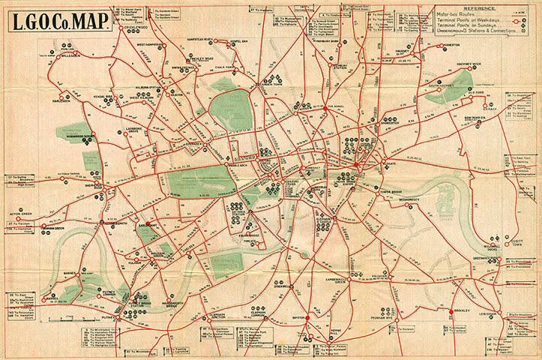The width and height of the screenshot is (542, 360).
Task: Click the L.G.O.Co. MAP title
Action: click(62, 21)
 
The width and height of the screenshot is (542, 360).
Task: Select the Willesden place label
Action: click(71, 55)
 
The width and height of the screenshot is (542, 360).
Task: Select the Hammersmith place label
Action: click(98, 223)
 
